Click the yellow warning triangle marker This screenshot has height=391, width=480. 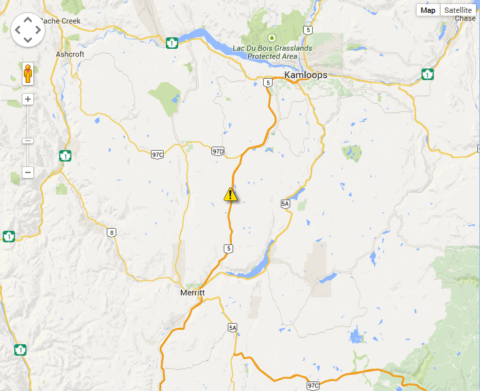(x=230, y=195)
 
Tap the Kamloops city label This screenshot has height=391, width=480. (x=305, y=75)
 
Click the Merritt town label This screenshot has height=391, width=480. (x=193, y=293)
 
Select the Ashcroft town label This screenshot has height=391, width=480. (x=69, y=54)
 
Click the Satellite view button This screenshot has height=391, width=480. (x=457, y=10)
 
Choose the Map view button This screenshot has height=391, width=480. (x=428, y=10)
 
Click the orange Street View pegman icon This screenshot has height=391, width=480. (x=28, y=73)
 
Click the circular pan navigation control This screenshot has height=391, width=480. (x=28, y=29)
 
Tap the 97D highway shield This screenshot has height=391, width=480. (x=218, y=151)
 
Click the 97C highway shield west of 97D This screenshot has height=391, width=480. (x=157, y=155)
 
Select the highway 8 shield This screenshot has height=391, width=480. (x=112, y=232)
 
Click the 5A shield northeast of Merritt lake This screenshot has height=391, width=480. (x=286, y=203)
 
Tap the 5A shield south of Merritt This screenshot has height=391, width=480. (x=233, y=328)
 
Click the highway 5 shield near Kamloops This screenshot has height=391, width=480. (x=269, y=82)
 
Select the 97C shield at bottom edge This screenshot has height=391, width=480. (x=313, y=385)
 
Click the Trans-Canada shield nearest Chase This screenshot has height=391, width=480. (x=428, y=73)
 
